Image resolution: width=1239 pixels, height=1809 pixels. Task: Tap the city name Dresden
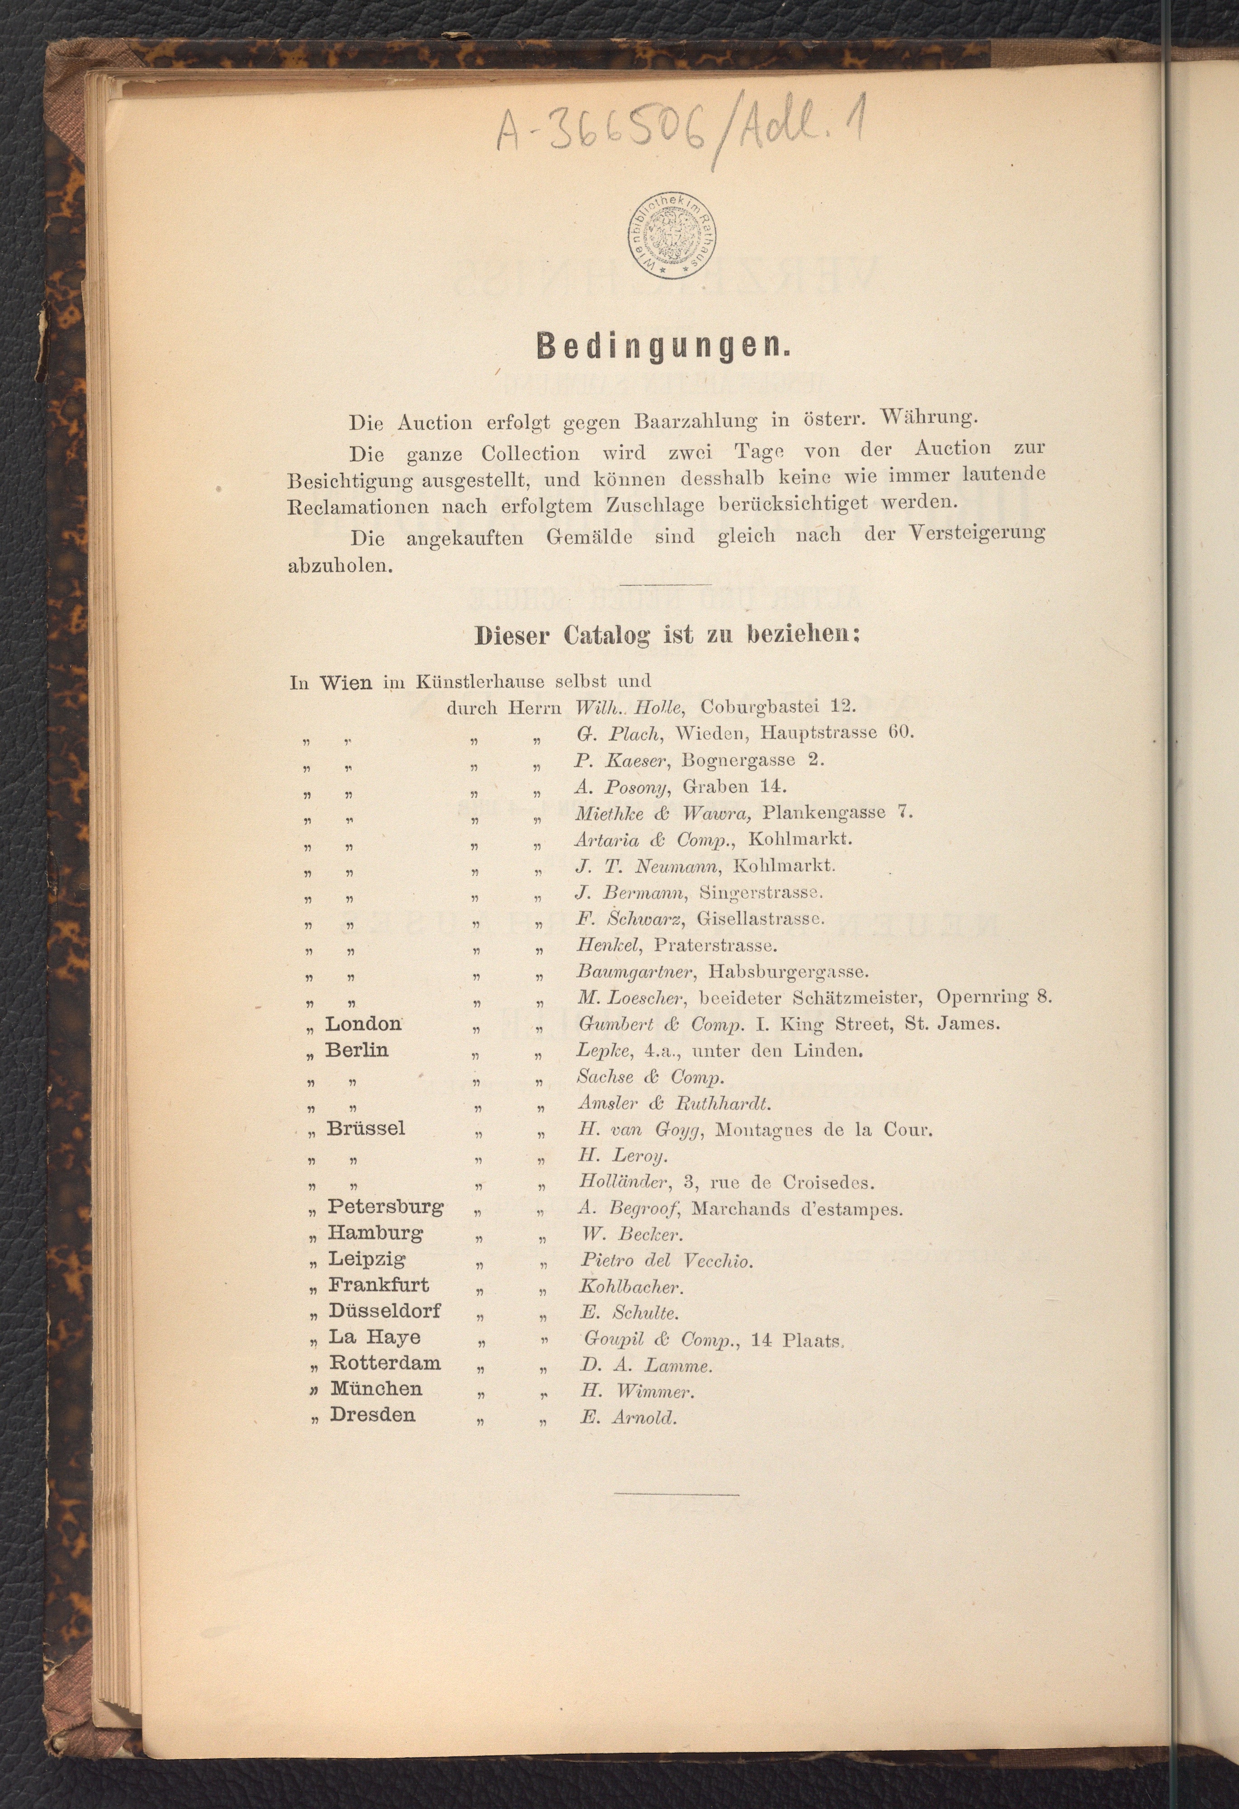(x=372, y=1414)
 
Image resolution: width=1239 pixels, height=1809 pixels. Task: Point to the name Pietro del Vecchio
(x=666, y=1260)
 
